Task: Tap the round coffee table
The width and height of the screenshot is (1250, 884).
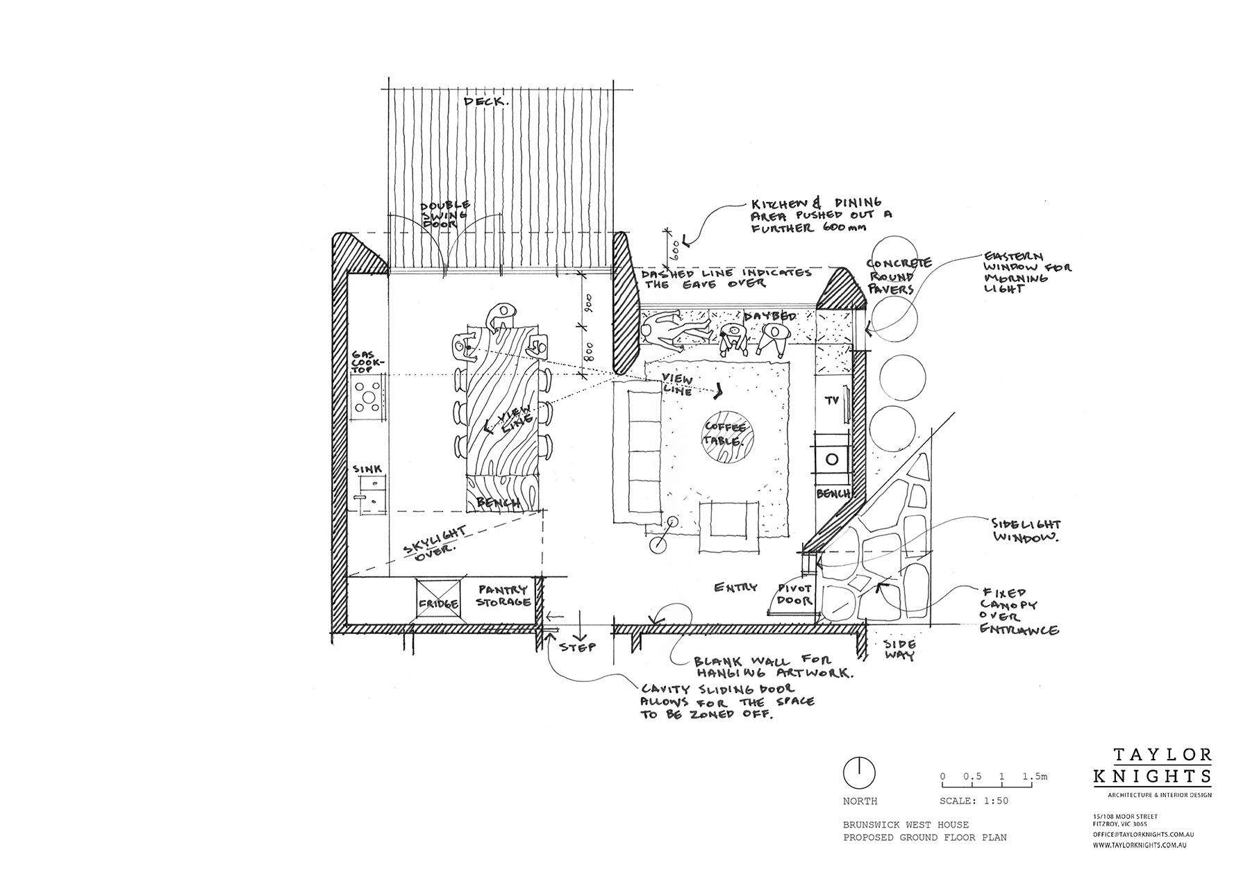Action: (724, 443)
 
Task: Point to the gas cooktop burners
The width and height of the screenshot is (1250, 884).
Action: (368, 398)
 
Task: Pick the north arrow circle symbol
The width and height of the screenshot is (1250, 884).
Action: (858, 772)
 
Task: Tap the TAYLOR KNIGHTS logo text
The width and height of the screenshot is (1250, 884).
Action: (1152, 765)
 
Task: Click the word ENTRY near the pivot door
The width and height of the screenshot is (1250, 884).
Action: (735, 587)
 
